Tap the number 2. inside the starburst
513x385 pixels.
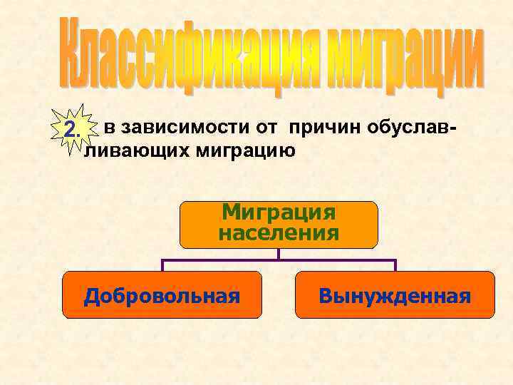71,130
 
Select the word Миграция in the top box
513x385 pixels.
279,213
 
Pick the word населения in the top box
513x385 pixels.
279,233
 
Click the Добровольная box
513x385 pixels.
162,294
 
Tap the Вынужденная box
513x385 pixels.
395,294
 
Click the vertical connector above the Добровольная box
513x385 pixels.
162,265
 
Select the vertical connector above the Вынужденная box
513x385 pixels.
395,265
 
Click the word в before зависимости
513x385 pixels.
110,129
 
